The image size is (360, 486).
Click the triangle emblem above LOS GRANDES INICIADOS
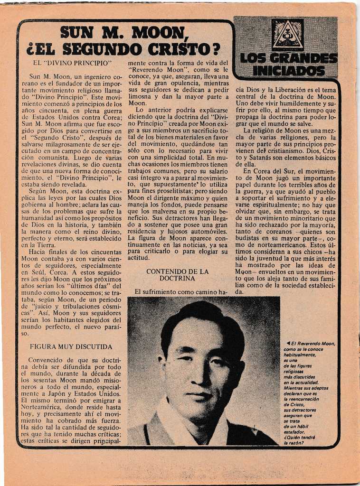(287, 35)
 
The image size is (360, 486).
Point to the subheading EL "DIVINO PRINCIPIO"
(72, 63)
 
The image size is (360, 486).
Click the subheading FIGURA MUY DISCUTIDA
(71, 347)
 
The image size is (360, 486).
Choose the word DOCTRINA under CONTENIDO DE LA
(177, 279)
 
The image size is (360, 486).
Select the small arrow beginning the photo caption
(288, 343)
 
